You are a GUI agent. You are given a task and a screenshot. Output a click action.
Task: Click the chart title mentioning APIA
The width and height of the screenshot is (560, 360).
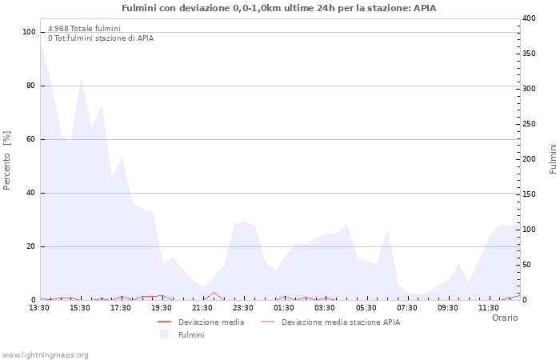[x=279, y=8]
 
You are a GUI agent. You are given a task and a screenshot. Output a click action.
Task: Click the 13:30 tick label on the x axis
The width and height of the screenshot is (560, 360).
[x=39, y=308]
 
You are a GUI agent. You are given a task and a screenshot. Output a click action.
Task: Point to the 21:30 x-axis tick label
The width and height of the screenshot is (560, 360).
[x=203, y=308]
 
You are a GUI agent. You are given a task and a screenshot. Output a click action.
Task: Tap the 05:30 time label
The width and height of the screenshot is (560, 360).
[x=366, y=308]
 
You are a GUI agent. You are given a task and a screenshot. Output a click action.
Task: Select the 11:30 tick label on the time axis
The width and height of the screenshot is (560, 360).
[x=489, y=308]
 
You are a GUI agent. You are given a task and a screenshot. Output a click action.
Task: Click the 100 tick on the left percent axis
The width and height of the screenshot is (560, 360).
[x=30, y=32]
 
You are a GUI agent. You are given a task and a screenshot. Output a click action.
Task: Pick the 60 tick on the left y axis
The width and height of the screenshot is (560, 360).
[x=31, y=139]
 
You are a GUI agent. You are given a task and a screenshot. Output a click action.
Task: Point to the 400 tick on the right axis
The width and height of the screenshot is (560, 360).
[x=529, y=18]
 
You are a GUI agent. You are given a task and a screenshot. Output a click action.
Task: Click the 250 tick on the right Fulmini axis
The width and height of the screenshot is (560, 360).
[x=529, y=124]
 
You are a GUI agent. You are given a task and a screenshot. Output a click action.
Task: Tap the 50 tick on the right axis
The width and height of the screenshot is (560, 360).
[x=526, y=265]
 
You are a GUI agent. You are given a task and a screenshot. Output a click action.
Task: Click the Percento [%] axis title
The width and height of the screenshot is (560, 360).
[x=7, y=161]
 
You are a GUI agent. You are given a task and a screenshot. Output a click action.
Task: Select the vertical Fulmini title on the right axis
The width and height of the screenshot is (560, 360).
[x=553, y=159]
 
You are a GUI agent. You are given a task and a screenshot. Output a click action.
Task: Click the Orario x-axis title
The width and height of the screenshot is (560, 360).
[x=504, y=318]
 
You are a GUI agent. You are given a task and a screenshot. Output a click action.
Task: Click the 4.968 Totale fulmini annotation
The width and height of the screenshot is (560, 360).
[x=84, y=29]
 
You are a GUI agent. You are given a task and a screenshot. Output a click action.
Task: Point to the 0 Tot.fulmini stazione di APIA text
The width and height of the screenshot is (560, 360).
[x=101, y=38]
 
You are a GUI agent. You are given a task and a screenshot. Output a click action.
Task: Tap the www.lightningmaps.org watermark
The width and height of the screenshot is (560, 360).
[x=45, y=354]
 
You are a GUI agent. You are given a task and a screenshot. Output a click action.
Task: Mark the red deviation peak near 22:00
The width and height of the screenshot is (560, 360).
[x=214, y=293]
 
